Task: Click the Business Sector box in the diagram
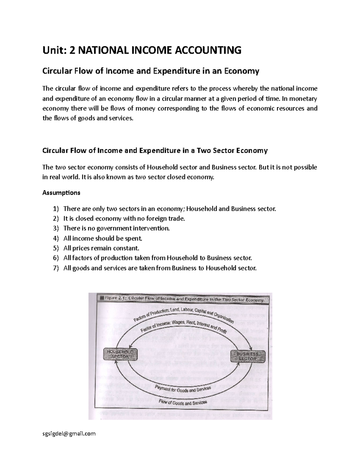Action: [247, 356]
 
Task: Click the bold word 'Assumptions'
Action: [61, 193]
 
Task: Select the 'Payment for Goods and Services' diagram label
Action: [183, 389]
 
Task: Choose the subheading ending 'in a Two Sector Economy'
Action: [155, 151]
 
